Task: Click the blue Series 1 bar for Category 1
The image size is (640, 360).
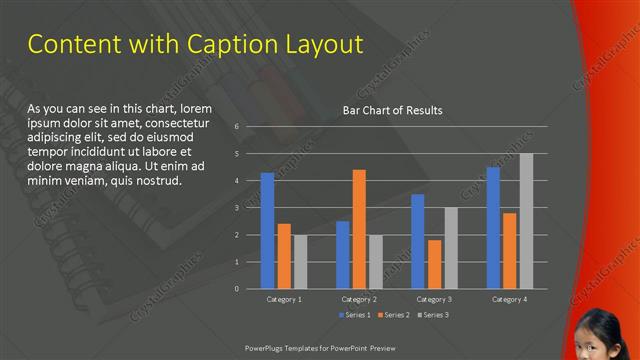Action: point(267,230)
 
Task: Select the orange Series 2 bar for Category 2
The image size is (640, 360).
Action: point(359,229)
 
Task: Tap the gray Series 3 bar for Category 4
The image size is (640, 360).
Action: point(526,221)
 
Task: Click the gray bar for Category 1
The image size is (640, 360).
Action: point(300,261)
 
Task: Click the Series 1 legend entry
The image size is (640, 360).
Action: point(354,315)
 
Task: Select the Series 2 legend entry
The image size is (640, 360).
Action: point(393,315)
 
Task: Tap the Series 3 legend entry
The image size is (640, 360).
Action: point(432,315)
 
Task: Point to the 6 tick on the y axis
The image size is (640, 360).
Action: point(236,127)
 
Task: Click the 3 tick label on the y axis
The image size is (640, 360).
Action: point(236,208)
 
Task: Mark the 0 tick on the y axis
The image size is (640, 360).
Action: point(236,289)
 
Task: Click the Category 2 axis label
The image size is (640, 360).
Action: point(359,299)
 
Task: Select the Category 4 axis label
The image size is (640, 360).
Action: point(510,299)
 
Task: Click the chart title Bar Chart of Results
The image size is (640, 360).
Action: point(392,110)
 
